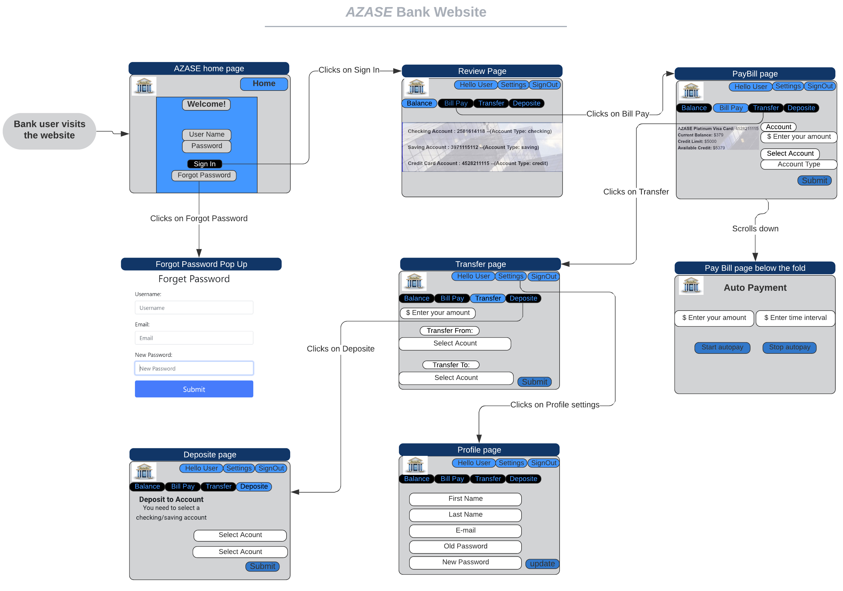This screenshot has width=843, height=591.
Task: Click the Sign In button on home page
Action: pos(205,164)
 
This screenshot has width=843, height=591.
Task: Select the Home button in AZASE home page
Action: pos(264,84)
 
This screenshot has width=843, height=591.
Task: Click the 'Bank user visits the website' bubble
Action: pos(49,130)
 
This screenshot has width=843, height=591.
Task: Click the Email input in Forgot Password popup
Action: pos(194,338)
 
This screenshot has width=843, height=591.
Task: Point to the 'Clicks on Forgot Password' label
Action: pos(199,218)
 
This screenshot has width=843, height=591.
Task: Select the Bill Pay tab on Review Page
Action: pos(455,103)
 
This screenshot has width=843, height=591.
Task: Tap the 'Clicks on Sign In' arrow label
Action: pos(349,70)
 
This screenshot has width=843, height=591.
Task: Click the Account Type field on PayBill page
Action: pos(798,164)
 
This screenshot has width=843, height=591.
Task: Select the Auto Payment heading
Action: pos(755,288)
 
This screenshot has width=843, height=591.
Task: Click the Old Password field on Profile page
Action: pos(465,546)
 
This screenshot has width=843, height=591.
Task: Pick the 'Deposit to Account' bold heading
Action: pos(171,500)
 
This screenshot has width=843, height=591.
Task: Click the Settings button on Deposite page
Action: pos(239,468)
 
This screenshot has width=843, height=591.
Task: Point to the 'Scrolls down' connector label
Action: pos(755,229)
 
